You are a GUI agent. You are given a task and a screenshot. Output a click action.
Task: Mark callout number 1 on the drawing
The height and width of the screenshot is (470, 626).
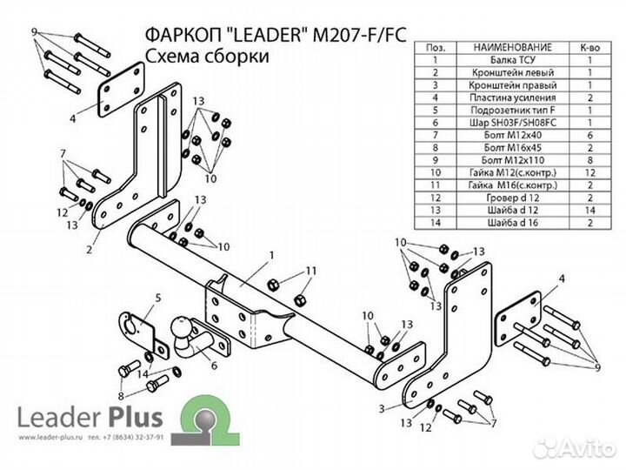point(272,255)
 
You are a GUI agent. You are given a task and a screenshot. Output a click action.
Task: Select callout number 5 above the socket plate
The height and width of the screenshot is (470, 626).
point(158,299)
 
